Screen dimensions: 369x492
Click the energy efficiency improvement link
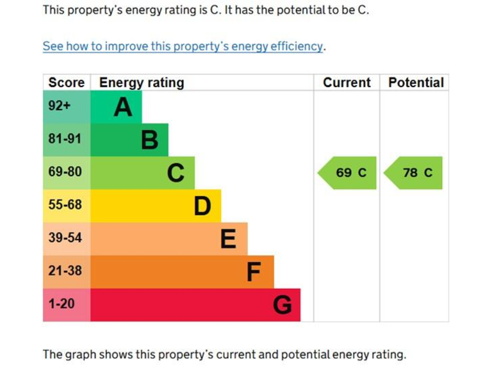[x=183, y=46]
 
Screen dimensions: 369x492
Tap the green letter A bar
[x=116, y=106]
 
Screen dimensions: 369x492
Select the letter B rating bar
[x=129, y=140]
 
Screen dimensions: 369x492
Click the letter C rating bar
[x=142, y=173]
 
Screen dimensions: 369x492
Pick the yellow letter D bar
[x=156, y=206]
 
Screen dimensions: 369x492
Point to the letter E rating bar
[x=168, y=239]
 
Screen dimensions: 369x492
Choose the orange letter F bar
[x=182, y=272]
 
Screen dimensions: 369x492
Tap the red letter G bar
[x=195, y=305]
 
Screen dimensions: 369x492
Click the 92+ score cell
[x=67, y=106]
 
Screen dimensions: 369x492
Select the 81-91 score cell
[x=67, y=140]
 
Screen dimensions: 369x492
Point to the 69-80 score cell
[x=67, y=173]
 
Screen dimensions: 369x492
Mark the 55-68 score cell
[x=67, y=206]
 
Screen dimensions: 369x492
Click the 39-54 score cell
[x=67, y=239]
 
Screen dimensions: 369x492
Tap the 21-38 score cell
[x=67, y=272]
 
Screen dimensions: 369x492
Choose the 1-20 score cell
[x=67, y=305]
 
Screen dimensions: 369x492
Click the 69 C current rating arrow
[x=348, y=173]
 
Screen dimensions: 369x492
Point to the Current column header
[x=347, y=83]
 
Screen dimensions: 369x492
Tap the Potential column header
[x=416, y=83]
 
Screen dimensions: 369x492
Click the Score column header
[x=67, y=83]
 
